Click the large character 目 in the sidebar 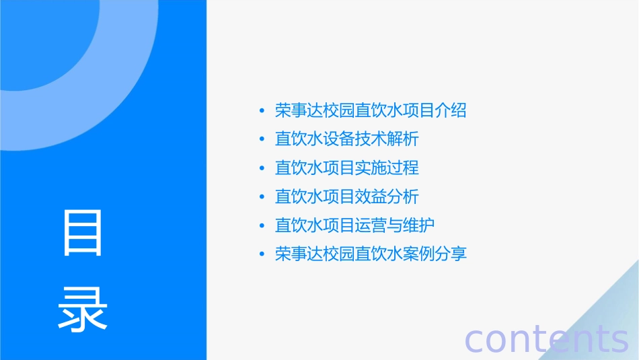pos(83,233)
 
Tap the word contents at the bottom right pos(546,339)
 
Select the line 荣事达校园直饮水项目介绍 pos(371,110)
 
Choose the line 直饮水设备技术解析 pos(347,139)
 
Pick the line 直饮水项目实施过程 pos(347,168)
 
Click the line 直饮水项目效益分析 pos(347,197)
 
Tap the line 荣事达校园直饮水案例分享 pos(371,254)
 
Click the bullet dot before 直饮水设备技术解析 pos(262,140)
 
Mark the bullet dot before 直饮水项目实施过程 pos(262,169)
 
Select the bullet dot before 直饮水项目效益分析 pos(262,198)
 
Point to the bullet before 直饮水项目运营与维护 pos(262,226)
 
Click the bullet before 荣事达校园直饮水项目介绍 pos(262,111)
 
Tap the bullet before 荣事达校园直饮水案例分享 pos(262,255)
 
